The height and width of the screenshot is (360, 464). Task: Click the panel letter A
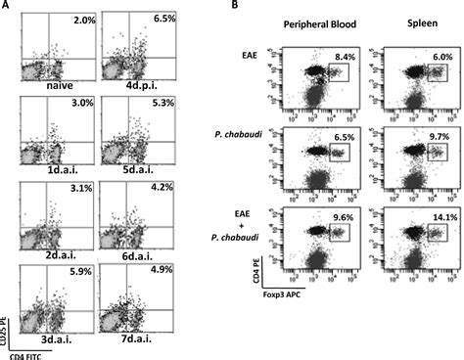pyautogui.click(x=7, y=8)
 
